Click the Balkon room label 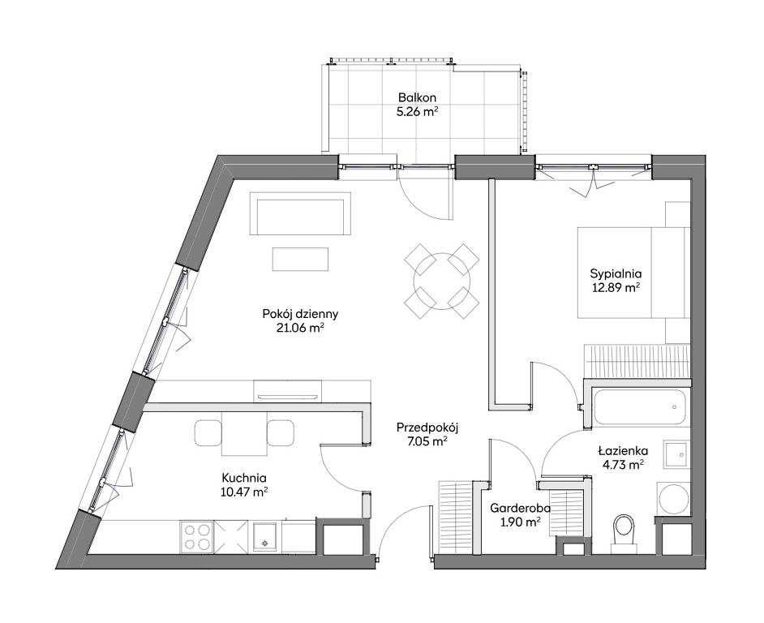coord(417,97)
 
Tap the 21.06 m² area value coord(300,328)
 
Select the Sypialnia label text coord(616,273)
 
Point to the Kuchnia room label coord(243,478)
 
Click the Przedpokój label coord(427,428)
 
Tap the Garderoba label coord(521,509)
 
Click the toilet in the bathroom coord(625,532)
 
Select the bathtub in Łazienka coord(640,407)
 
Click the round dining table coord(442,281)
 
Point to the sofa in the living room coord(300,213)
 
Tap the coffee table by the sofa coord(300,259)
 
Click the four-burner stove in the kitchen coord(197,537)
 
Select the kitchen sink coord(265,537)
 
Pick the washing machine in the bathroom coord(674,499)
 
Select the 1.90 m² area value coord(521,522)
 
